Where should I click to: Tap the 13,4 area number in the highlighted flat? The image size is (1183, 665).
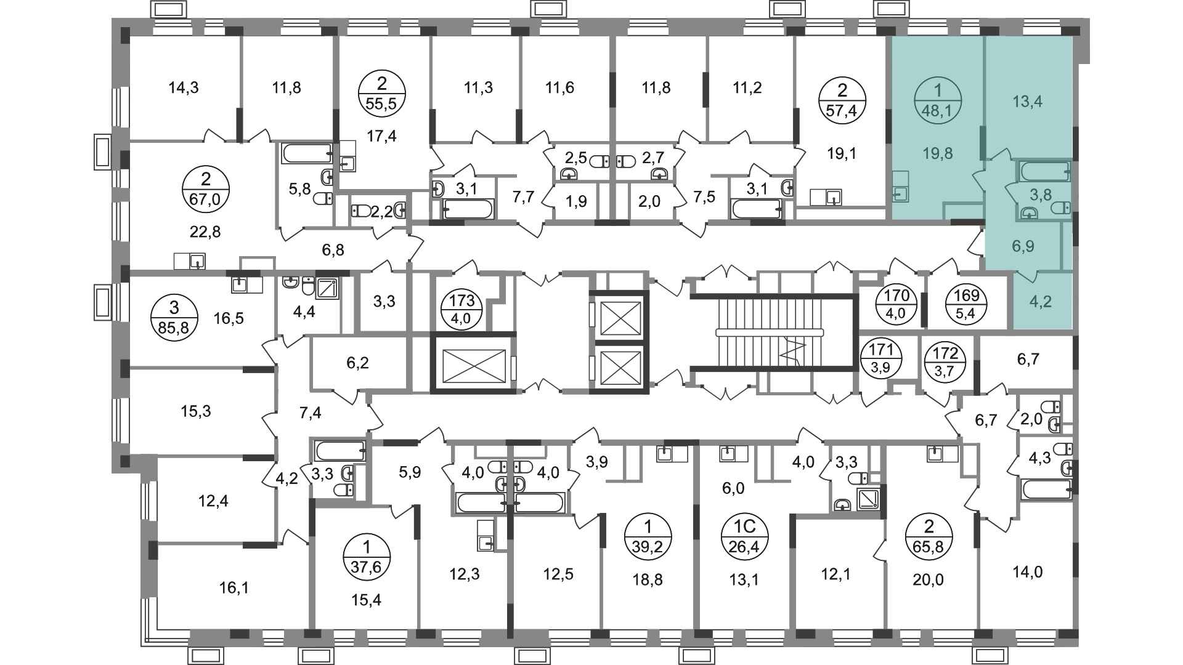pos(1028,102)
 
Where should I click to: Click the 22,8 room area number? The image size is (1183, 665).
pos(206,232)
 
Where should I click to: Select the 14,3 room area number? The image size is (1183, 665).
pos(184,88)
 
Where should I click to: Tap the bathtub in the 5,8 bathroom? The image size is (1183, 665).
pos(307,153)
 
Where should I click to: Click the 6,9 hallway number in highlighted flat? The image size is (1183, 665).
pos(1023,247)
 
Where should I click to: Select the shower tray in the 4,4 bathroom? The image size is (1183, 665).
pos(327,288)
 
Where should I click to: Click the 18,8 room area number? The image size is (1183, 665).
pos(648,579)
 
